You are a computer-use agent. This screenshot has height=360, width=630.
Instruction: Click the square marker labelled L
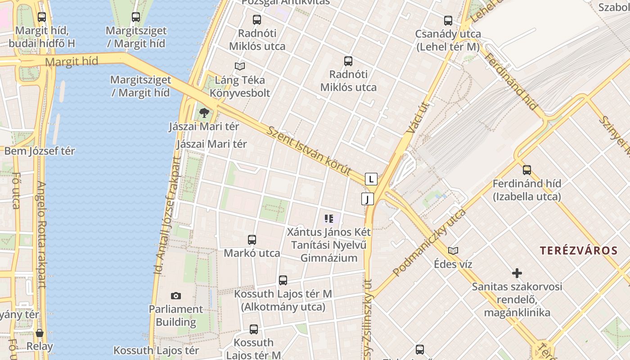[x=371, y=179]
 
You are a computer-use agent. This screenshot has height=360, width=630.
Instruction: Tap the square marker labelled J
[x=368, y=198]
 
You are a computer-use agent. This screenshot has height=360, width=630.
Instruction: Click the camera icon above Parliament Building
[x=176, y=296]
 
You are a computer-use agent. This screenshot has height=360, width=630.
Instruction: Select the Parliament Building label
[x=176, y=315]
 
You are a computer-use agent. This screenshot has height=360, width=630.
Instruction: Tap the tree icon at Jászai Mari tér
[x=204, y=112]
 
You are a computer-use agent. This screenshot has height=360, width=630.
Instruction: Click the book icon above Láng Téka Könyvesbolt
[x=240, y=67]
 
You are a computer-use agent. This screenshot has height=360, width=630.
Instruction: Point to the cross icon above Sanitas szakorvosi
[x=517, y=273]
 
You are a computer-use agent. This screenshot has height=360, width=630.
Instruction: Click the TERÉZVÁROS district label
[x=579, y=251]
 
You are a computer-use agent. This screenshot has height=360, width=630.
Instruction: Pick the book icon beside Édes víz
[x=453, y=251]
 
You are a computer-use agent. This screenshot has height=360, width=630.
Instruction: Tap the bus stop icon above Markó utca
[x=252, y=240]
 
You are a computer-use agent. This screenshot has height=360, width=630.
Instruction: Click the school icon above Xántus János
[x=329, y=219]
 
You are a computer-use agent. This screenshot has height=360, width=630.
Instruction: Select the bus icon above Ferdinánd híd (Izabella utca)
[x=527, y=170]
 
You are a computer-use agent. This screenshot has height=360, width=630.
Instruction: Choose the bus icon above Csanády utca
[x=448, y=21]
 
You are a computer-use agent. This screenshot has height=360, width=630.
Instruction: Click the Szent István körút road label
[x=309, y=151]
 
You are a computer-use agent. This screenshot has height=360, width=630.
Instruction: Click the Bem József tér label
[x=40, y=151]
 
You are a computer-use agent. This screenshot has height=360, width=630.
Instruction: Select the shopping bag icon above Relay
[x=40, y=333]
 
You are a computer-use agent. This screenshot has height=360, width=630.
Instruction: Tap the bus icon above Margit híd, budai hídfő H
[x=42, y=17]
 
